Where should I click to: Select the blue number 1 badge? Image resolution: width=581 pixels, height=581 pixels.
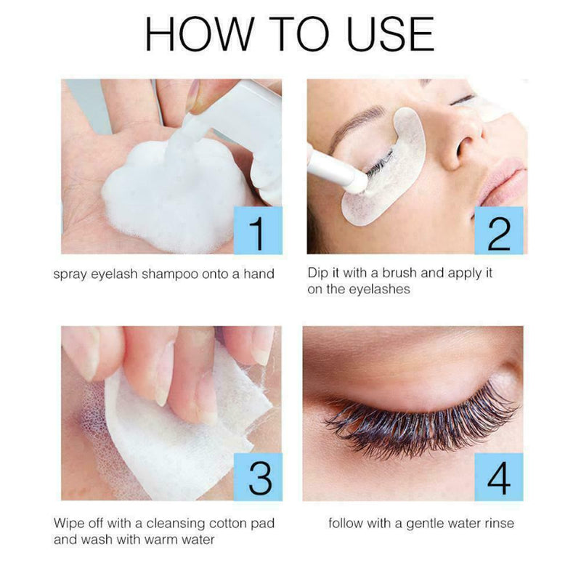click(x=256, y=229)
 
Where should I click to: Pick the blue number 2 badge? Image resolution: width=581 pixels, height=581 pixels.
click(x=498, y=229)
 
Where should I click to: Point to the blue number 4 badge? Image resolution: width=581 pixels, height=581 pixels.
click(x=498, y=477)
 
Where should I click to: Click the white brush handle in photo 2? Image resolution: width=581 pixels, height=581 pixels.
click(x=330, y=166)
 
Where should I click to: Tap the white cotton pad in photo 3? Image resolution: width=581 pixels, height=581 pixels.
click(x=174, y=428)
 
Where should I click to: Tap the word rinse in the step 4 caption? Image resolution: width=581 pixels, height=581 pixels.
click(x=496, y=524)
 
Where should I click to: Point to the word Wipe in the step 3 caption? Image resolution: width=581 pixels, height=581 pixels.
click(x=68, y=524)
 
